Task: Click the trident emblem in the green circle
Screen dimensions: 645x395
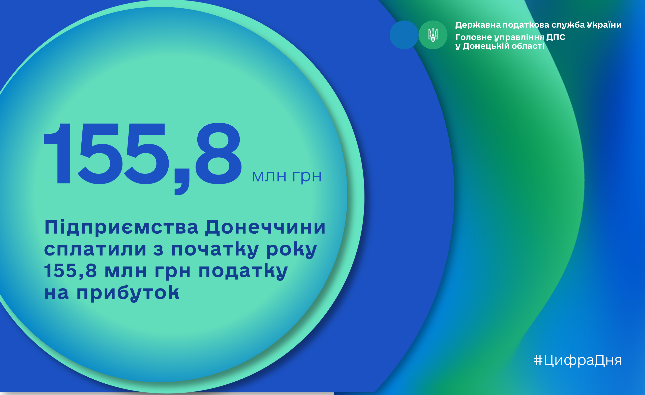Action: (x=433, y=35)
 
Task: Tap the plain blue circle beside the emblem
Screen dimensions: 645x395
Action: (x=404, y=35)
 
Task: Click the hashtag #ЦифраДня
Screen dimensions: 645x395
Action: (x=578, y=361)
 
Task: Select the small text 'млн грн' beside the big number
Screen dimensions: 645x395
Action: (x=286, y=176)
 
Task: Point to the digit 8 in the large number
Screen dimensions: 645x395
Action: (x=218, y=154)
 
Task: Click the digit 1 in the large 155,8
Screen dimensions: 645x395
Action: (x=57, y=154)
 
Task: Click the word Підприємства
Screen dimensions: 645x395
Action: (x=121, y=227)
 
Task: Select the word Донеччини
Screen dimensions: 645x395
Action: (x=265, y=227)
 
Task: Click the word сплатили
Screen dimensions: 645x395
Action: (x=95, y=249)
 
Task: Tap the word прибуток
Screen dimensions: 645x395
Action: (x=128, y=293)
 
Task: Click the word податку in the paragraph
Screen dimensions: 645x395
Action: (x=243, y=271)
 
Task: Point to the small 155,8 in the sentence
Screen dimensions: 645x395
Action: (x=70, y=271)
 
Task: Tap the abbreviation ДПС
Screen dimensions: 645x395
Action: (x=556, y=37)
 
